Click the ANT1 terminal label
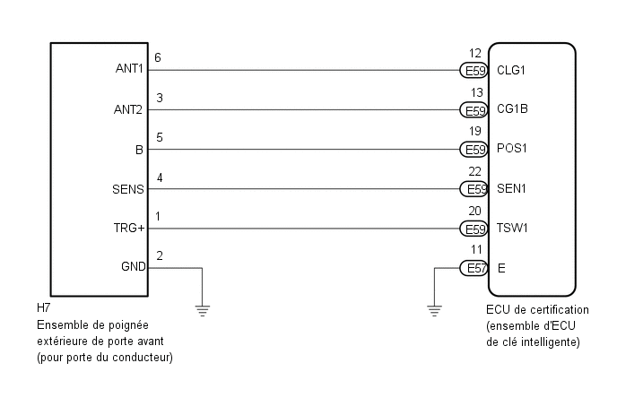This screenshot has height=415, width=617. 130,70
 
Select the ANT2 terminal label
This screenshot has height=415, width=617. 130,110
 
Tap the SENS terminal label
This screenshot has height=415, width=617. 129,189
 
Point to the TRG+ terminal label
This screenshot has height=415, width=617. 129,229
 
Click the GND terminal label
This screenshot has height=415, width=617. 132,267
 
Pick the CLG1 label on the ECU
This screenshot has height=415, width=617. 512,70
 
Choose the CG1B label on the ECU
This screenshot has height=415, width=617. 512,110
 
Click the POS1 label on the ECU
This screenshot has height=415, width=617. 512,150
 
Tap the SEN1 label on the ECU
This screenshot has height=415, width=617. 511,189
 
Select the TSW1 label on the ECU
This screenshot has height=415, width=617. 512,229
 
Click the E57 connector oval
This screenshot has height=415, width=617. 474,268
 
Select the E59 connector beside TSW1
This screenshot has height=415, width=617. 474,229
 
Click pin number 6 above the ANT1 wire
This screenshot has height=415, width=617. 159,57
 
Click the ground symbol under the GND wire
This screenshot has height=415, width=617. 203,311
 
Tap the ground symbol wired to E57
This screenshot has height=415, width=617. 434,311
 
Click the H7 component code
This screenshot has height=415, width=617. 44,309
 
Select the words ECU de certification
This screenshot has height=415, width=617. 531,309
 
